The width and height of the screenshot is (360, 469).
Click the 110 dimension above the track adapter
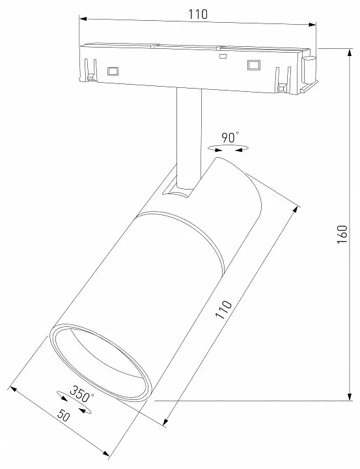(x=198, y=14)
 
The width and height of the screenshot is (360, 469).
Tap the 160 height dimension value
(x=342, y=234)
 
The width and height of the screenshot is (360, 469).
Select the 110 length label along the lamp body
(x=224, y=309)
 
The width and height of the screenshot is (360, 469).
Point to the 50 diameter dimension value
(x=63, y=416)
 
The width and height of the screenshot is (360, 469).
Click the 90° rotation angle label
(x=230, y=137)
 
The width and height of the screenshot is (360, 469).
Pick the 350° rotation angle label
(x=81, y=395)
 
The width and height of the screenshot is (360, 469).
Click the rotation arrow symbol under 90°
(x=228, y=148)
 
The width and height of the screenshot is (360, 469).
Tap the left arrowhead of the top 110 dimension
(x=83, y=19)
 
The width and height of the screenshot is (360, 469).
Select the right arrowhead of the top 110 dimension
(x=312, y=25)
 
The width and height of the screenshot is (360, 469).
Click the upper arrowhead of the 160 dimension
(x=350, y=52)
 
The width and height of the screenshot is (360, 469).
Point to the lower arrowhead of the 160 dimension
(x=350, y=397)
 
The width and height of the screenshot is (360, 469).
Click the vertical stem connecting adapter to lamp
(x=189, y=137)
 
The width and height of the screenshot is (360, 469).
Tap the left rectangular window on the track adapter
(x=113, y=71)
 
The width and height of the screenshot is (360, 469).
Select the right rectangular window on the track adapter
(x=253, y=65)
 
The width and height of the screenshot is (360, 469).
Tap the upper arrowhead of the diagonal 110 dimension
(x=296, y=209)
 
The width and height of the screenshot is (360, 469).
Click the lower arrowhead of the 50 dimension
(x=105, y=454)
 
